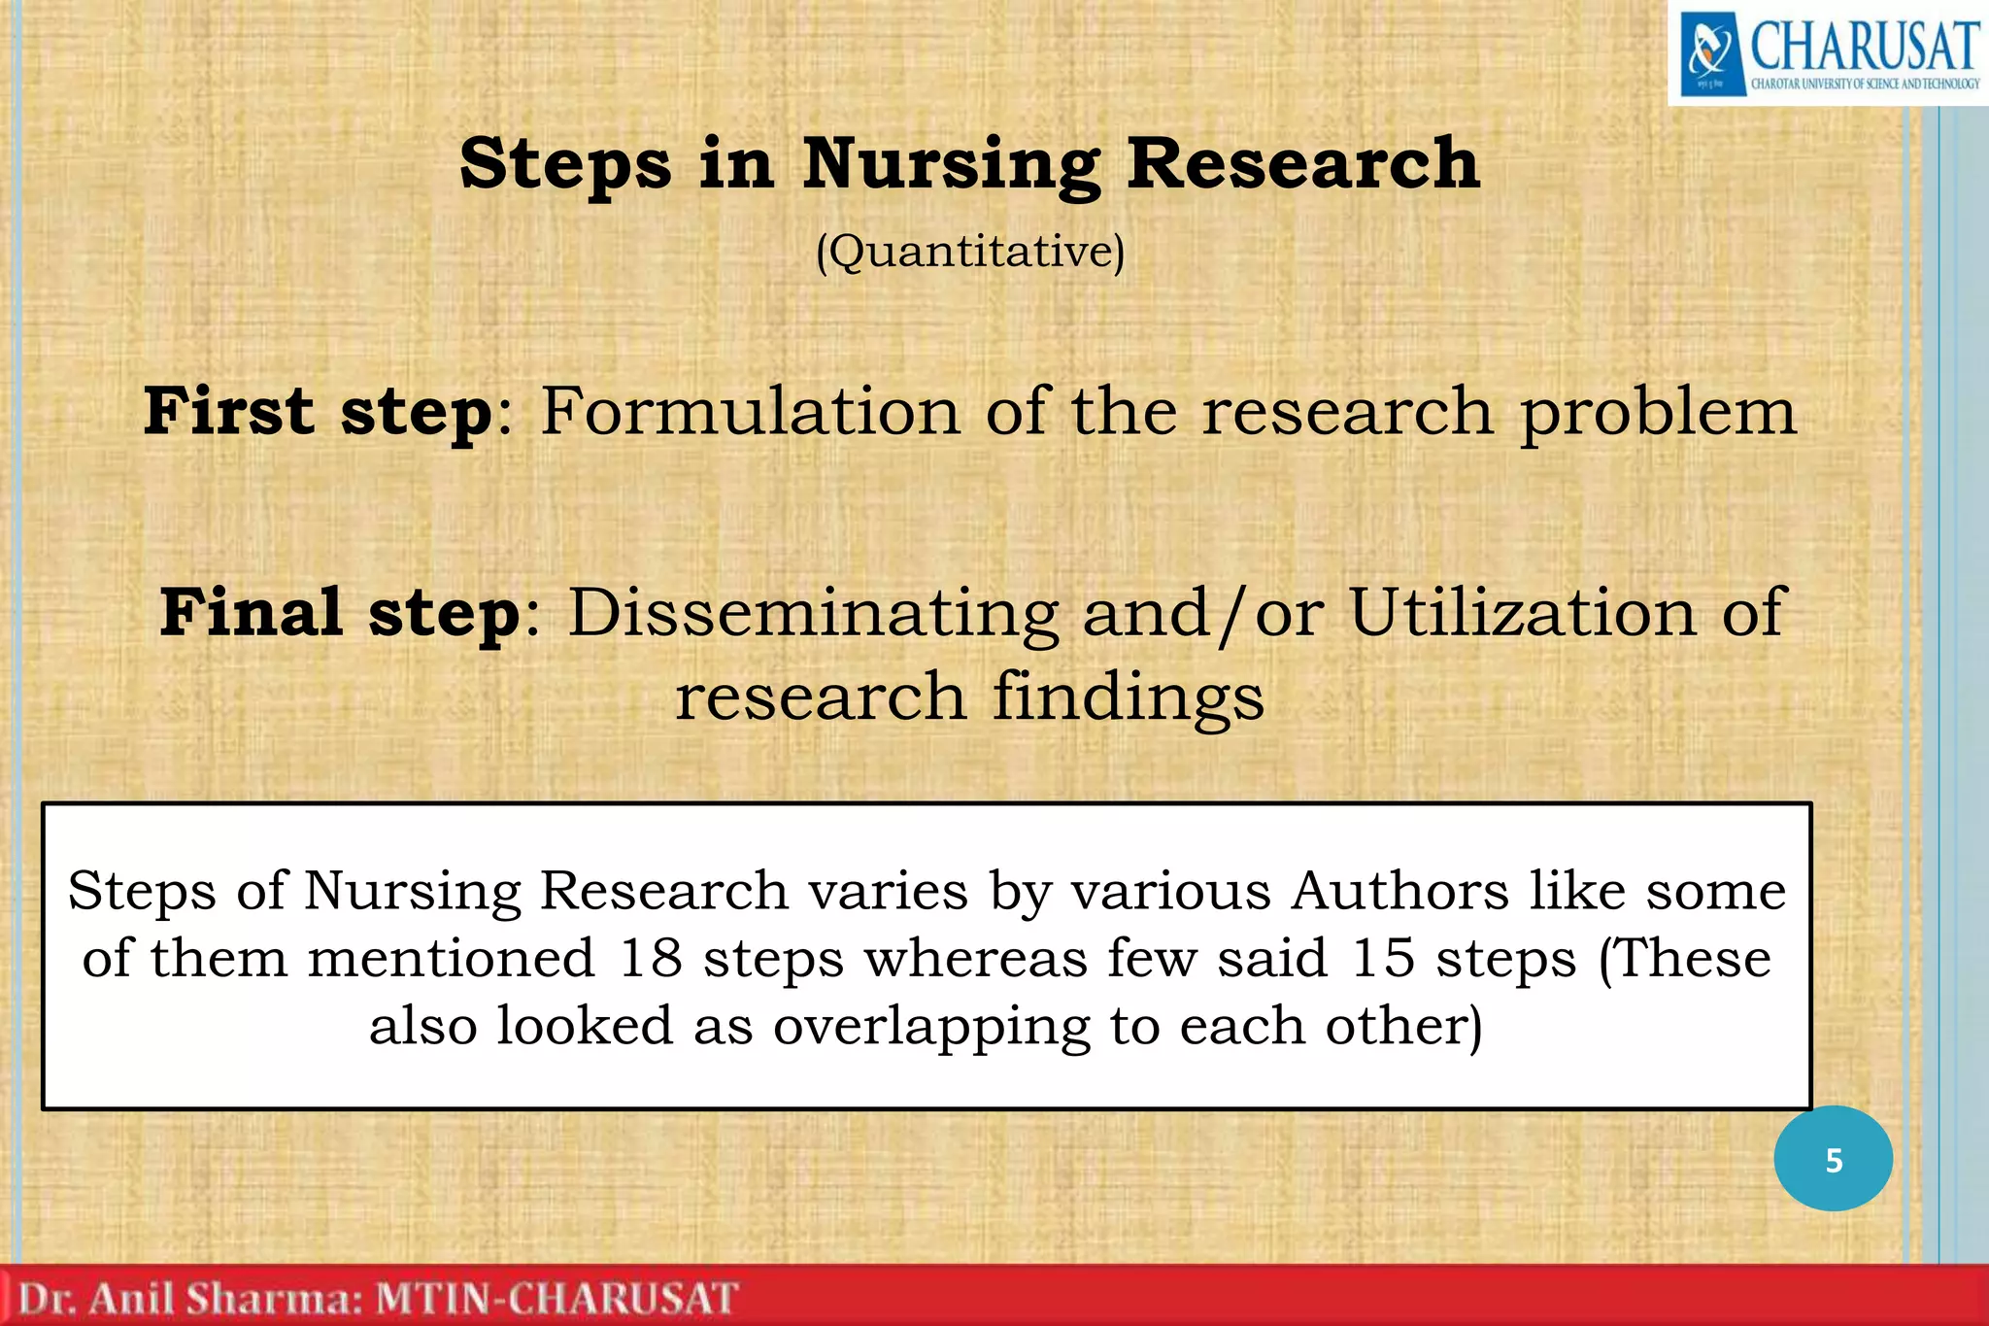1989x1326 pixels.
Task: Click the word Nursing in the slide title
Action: (951, 165)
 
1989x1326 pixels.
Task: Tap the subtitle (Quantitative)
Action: (970, 253)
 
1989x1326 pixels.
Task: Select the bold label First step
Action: (318, 412)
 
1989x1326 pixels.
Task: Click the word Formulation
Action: (750, 411)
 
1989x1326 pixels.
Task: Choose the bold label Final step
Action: (340, 614)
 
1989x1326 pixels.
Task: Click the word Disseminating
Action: (813, 614)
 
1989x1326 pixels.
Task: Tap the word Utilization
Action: (1522, 614)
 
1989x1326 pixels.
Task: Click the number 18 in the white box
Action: (651, 959)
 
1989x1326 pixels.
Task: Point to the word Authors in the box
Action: (1399, 891)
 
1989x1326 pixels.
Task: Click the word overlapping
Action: (931, 1028)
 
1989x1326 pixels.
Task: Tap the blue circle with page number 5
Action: (1833, 1159)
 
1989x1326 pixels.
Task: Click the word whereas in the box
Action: (976, 959)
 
